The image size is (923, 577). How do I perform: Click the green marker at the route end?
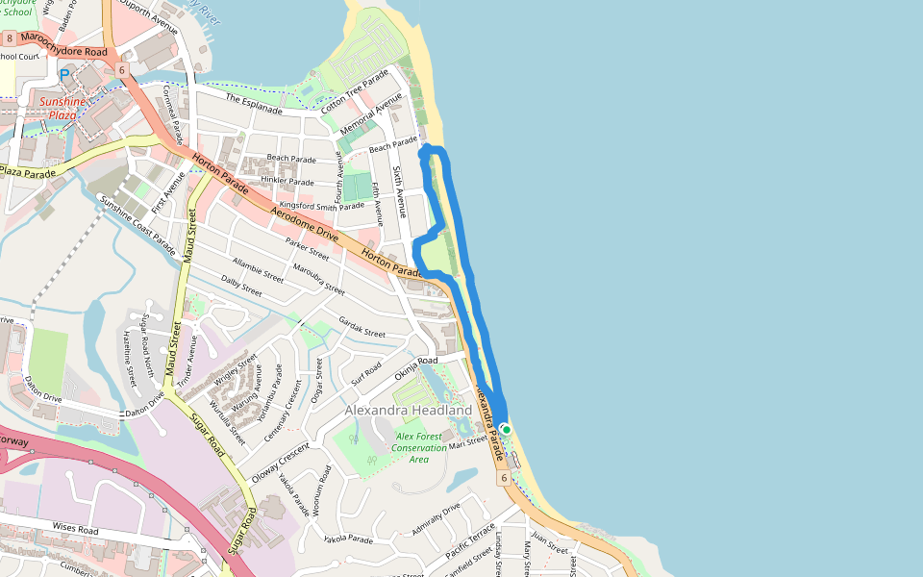pos(506,430)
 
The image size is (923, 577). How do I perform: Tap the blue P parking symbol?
pos(64,74)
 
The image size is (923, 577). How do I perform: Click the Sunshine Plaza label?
pos(58,108)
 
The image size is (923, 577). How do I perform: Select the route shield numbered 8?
pos(9,38)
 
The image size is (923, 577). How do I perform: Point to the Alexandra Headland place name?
pos(409,411)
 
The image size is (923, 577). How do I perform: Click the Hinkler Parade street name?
pos(287,181)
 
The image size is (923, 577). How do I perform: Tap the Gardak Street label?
pos(362,327)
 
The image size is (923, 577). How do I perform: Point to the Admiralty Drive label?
pos(437,514)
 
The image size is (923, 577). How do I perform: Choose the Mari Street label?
pos(470,440)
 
